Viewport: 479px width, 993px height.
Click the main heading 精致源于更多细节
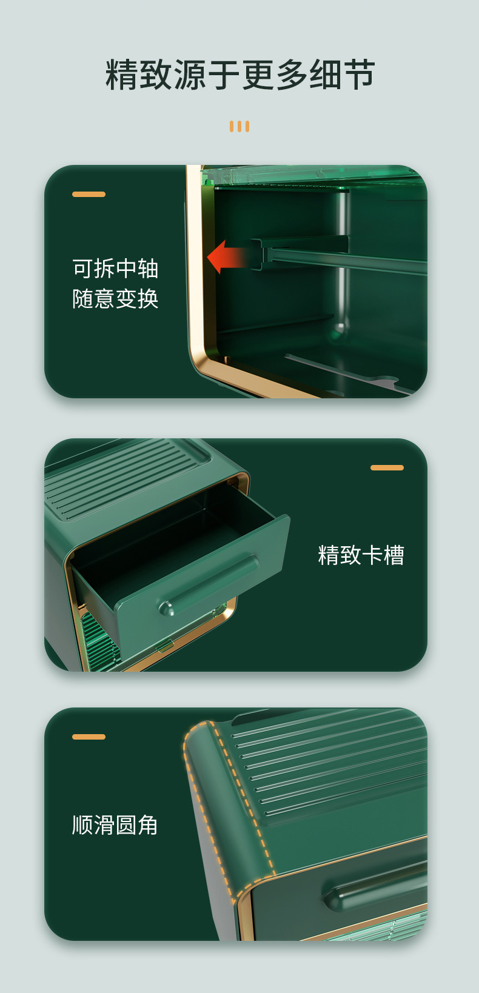(240, 75)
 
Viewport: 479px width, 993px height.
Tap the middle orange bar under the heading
(239, 126)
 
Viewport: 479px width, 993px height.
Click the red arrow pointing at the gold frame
(229, 256)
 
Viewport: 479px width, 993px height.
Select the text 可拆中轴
(115, 268)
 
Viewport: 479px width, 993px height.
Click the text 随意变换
(115, 298)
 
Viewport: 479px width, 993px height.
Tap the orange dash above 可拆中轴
(89, 194)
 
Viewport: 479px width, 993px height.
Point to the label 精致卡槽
(361, 555)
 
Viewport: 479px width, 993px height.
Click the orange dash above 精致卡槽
(387, 467)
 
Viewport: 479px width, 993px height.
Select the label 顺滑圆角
(115, 825)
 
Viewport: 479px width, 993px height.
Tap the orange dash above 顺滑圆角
(89, 737)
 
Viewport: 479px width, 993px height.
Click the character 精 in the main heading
(121, 75)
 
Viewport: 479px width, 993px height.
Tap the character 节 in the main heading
(359, 75)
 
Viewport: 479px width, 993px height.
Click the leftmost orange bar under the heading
(232, 126)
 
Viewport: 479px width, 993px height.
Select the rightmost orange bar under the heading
(247, 126)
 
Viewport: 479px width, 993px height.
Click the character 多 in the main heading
(291, 75)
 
